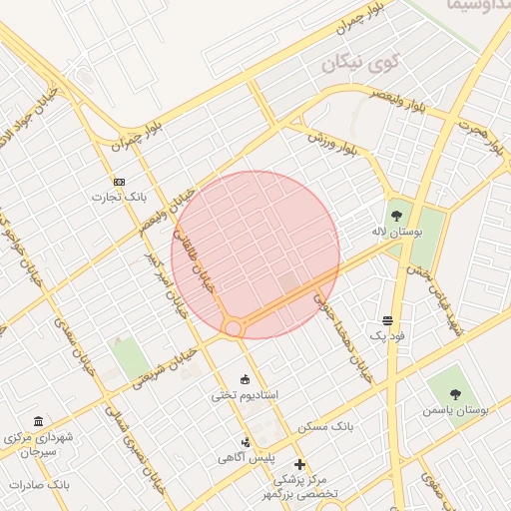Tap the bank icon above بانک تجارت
(120, 182)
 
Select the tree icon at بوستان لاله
(397, 215)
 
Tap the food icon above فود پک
(387, 320)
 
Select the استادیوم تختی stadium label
(245, 395)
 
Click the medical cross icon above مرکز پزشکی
(299, 464)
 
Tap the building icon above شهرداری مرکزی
(39, 422)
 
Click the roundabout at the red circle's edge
(234, 326)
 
